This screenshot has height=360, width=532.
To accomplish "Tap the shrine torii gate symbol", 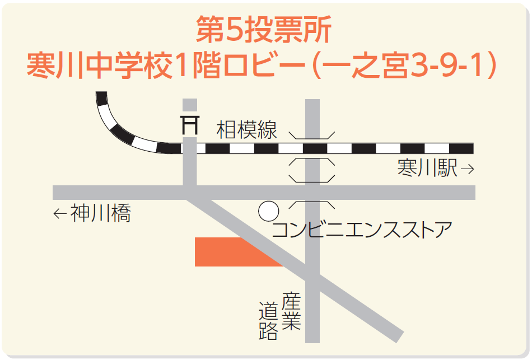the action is (190, 124).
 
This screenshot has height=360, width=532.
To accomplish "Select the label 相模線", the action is (247, 130).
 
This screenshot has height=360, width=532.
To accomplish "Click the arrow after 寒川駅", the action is (467, 168).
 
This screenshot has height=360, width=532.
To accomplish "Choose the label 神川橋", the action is (101, 213).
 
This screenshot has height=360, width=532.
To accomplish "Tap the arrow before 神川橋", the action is (60, 213).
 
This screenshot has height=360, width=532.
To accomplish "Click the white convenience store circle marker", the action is (268, 212).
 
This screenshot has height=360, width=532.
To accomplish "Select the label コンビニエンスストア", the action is (361, 230).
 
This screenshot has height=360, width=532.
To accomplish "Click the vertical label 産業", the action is (292, 311).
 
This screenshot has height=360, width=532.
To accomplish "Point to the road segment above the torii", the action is (190, 106).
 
